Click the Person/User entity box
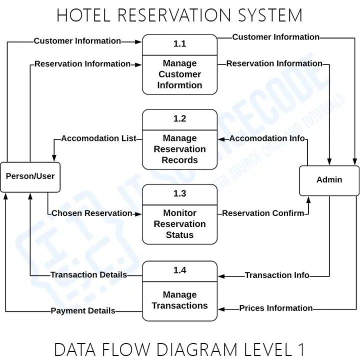tap(30, 176)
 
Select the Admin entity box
tap(329, 180)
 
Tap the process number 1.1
tap(179, 44)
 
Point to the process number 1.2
tap(179, 119)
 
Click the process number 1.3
tap(179, 194)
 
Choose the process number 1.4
tap(179, 270)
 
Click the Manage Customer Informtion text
tap(179, 74)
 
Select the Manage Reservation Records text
tap(179, 149)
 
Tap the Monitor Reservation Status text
tap(179, 224)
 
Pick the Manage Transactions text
tap(179, 300)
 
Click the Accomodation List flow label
tap(98, 138)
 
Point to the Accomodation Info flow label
tap(267, 138)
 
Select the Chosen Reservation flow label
tap(92, 213)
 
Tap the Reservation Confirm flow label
tap(263, 213)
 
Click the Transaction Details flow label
tap(88, 275)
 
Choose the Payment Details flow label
tap(83, 311)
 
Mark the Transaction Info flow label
tap(277, 275)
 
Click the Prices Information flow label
tap(276, 308)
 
